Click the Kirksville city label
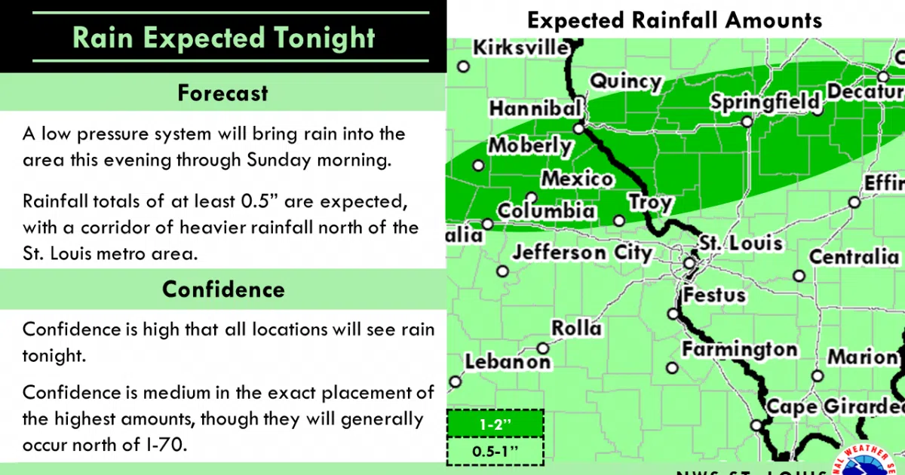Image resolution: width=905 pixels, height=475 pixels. click(520, 48)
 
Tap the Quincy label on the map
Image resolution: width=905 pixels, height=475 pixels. click(625, 81)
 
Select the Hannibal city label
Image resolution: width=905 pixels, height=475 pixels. click(535, 109)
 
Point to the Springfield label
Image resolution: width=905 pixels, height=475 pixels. click(765, 101)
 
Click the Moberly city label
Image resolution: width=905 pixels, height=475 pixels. click(531, 146)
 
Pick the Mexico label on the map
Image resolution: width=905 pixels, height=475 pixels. click(577, 179)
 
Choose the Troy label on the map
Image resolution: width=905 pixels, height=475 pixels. click(650, 203)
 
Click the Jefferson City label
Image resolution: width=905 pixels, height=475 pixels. click(582, 252)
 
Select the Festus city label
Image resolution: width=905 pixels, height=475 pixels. click(714, 294)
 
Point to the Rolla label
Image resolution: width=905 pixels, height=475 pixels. click(576, 328)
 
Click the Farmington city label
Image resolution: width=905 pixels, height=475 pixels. click(739, 350)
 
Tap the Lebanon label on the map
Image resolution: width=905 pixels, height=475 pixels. click(508, 362)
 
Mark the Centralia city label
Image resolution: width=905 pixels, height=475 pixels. click(854, 257)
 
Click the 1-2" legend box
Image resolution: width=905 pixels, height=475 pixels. click(495, 424)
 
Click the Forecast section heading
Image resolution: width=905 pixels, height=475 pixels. click(222, 93)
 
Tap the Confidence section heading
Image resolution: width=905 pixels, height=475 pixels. click(223, 290)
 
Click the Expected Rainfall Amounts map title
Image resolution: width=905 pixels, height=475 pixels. click(674, 20)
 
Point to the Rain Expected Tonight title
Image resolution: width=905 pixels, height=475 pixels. click(224, 38)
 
